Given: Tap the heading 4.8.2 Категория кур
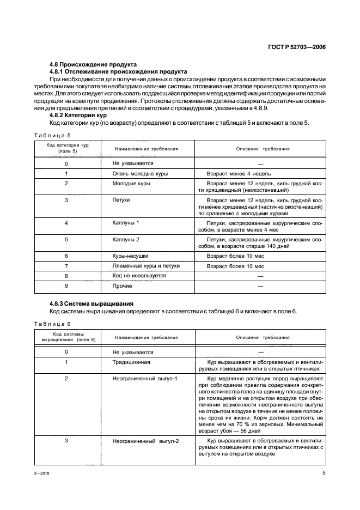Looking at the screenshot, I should [78, 116].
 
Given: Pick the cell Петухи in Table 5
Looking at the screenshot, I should [121, 200].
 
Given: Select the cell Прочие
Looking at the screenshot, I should [122, 286].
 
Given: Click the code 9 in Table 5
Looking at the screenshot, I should [66, 286].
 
